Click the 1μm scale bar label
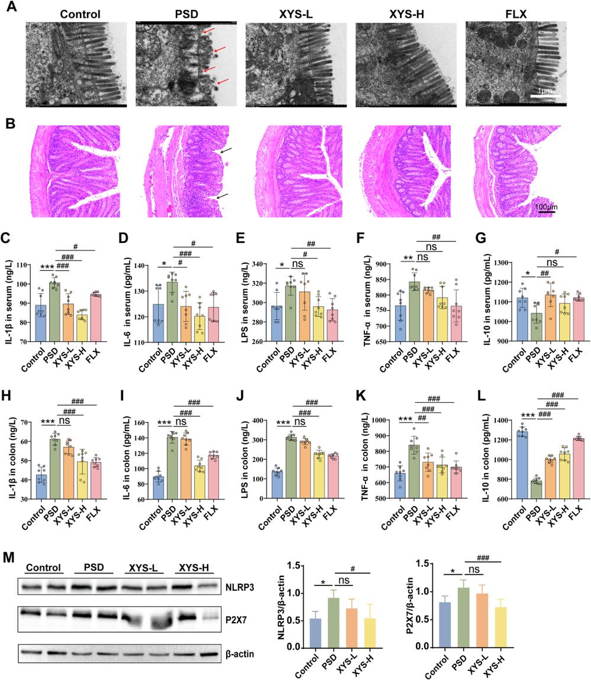[x=545, y=92]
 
